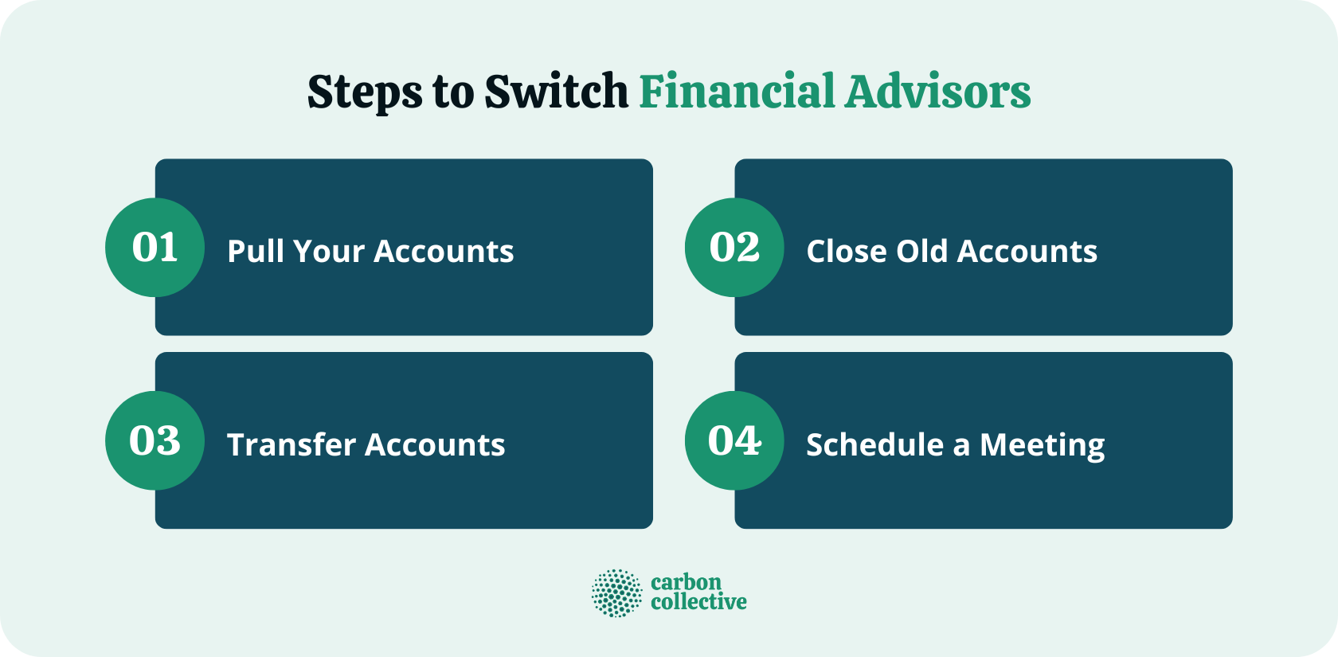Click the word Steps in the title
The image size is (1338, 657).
pyautogui.click(x=365, y=92)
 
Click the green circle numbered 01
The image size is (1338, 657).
pyautogui.click(x=155, y=248)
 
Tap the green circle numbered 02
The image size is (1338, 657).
pyautogui.click(x=734, y=248)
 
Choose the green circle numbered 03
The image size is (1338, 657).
pyautogui.click(x=155, y=440)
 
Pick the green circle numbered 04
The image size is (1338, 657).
pyautogui.click(x=734, y=440)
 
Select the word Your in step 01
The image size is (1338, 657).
pyautogui.click(x=329, y=252)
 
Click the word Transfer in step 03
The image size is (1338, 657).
pyautogui.click(x=290, y=444)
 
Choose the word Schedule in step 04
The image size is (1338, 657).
pyautogui.click(x=874, y=444)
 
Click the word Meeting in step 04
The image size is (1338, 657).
pyautogui.click(x=1042, y=446)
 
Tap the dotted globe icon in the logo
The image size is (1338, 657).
pyautogui.click(x=616, y=593)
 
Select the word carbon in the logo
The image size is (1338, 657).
pyautogui.click(x=686, y=582)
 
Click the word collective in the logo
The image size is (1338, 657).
pyautogui.click(x=698, y=602)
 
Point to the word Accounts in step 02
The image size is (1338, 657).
pyautogui.click(x=1027, y=251)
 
